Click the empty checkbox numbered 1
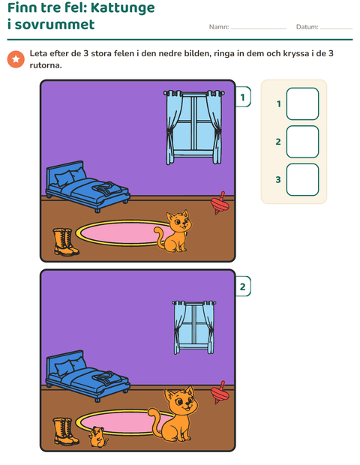pyautogui.click(x=302, y=103)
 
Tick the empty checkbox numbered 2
pyautogui.click(x=302, y=142)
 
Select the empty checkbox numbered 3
pyautogui.click(x=302, y=180)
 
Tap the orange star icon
pyautogui.click(x=16, y=59)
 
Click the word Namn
pyautogui.click(x=219, y=27)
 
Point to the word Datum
pyautogui.click(x=307, y=27)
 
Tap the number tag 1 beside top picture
pyautogui.click(x=243, y=97)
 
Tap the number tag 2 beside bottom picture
pyautogui.click(x=243, y=286)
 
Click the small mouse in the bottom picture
pyautogui.click(x=97, y=436)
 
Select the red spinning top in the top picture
pyautogui.click(x=220, y=203)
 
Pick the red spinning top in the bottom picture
pyautogui.click(x=220, y=393)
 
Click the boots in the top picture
pyautogui.click(x=66, y=242)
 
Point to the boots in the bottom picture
pyautogui.click(x=66, y=431)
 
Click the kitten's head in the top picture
pyautogui.click(x=178, y=221)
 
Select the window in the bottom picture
pyautogui.click(x=194, y=328)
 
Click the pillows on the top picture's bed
pyautogui.click(x=70, y=176)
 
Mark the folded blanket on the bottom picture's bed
pyautogui.click(x=106, y=377)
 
